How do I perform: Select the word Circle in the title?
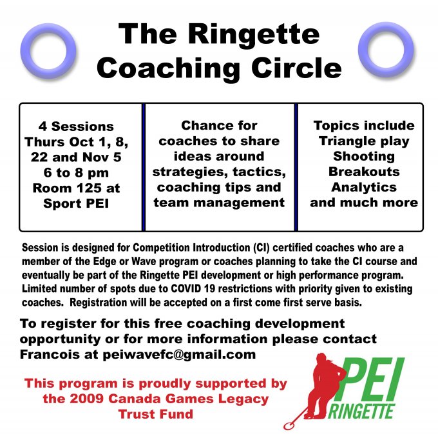(296, 68)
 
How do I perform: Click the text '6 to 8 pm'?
(76, 173)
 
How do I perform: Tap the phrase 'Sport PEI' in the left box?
(76, 203)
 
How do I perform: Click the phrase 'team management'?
(219, 203)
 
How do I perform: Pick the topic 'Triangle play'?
(364, 141)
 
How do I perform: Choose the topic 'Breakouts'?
(364, 172)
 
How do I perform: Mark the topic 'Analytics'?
(364, 187)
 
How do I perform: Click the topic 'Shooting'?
(364, 156)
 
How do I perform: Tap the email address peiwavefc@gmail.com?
(179, 354)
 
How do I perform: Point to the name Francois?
(50, 354)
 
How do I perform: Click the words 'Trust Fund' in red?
(155, 414)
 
